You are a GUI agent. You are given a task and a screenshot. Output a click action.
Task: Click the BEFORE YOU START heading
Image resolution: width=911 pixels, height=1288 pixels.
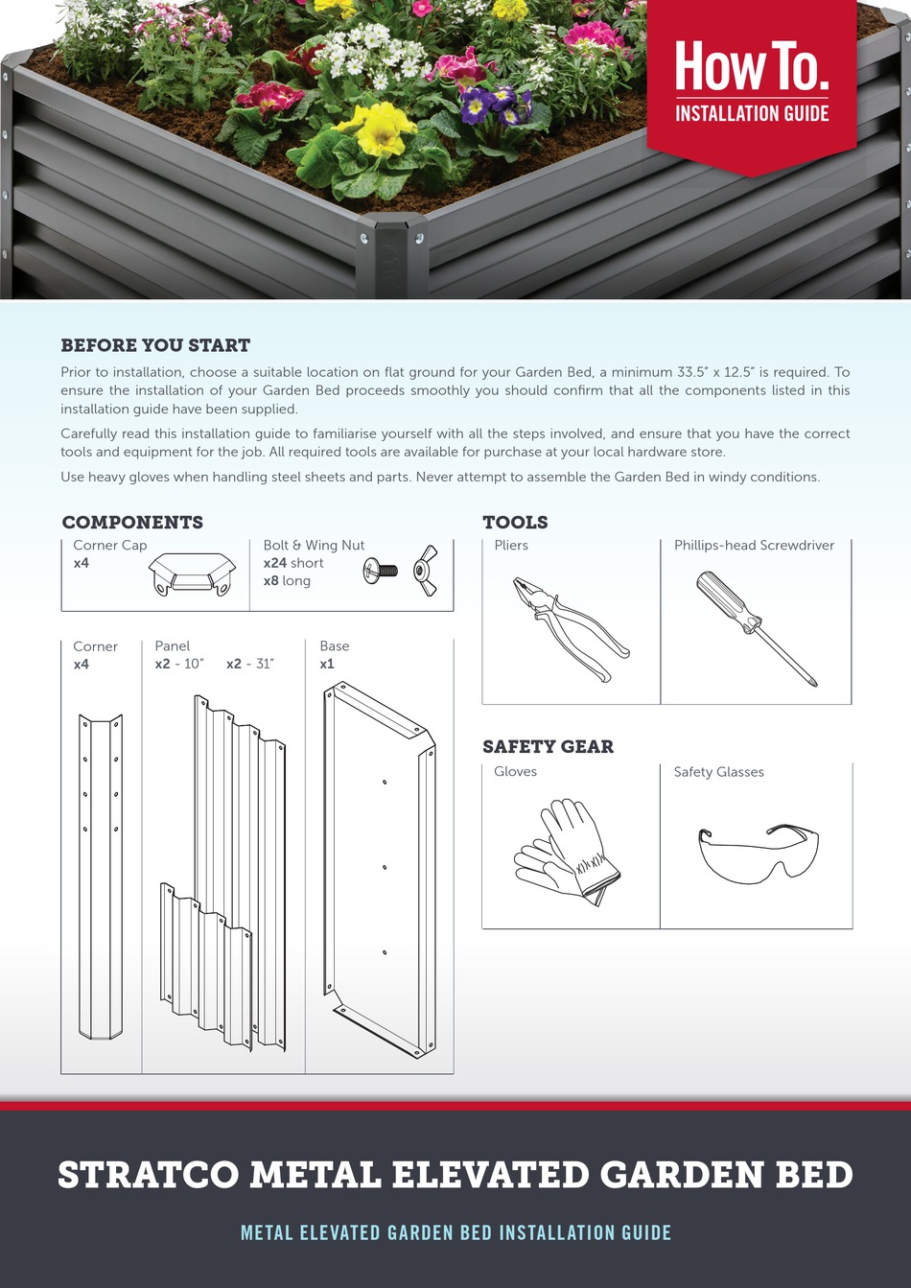point(155,345)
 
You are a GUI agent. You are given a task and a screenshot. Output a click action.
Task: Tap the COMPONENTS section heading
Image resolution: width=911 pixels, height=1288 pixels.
point(132,523)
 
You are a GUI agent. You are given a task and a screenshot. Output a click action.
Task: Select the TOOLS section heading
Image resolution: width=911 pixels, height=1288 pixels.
point(515,523)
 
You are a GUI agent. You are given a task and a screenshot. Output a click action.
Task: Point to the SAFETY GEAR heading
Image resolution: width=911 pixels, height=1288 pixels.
point(548,747)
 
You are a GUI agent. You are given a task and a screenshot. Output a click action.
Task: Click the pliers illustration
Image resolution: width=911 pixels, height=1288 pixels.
point(571,628)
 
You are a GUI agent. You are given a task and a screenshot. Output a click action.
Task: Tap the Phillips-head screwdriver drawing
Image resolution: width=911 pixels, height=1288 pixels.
point(756,628)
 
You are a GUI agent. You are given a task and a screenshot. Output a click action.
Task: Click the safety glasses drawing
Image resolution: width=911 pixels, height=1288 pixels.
point(758,851)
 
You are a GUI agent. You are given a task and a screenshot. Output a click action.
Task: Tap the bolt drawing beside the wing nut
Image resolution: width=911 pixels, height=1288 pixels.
point(381,571)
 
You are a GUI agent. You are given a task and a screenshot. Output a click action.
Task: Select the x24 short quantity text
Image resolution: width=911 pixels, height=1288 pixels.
point(293,563)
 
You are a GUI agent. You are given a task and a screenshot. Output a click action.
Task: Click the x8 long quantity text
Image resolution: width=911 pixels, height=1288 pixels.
point(287,581)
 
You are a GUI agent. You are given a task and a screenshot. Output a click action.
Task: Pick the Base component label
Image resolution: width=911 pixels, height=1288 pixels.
point(335,646)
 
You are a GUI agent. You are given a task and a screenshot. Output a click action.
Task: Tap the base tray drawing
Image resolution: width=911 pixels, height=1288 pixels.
point(380,868)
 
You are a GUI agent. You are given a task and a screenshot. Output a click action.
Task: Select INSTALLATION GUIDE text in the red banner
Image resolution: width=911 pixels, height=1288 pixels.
point(752,113)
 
